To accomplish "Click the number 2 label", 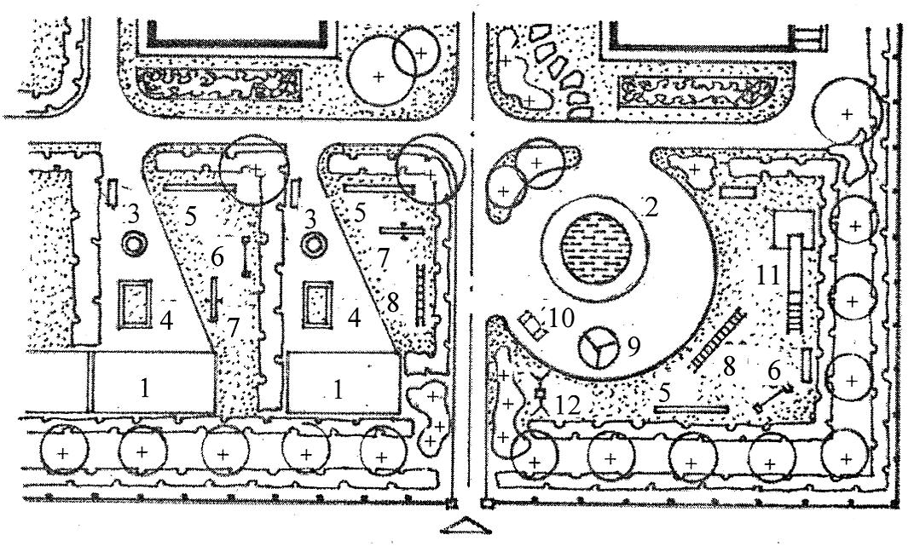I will (x=650, y=207).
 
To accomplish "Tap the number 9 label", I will (x=632, y=347).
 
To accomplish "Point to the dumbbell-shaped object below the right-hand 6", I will (x=773, y=398).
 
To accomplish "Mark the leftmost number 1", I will (x=145, y=388).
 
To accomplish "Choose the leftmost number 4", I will (x=167, y=321).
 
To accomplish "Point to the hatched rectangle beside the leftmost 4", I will (x=135, y=304).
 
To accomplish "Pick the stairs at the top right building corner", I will (x=806, y=37).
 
